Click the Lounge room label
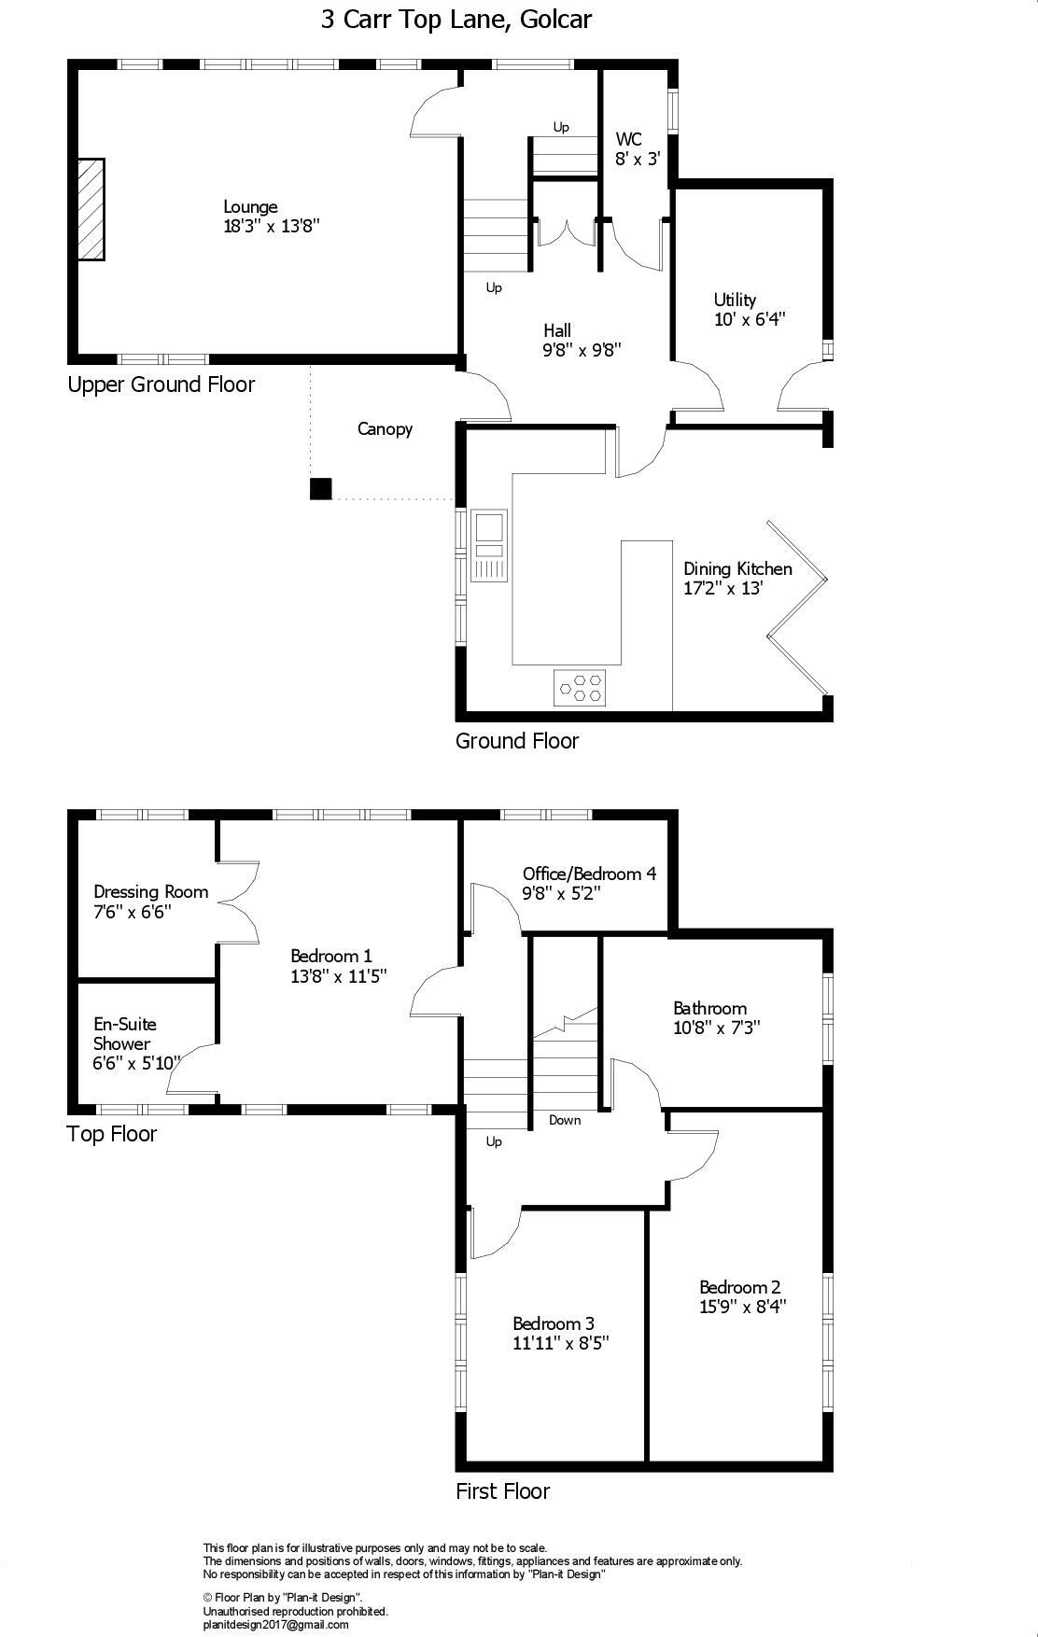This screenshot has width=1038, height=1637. coord(250,207)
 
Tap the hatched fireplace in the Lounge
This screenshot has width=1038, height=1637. coord(91,209)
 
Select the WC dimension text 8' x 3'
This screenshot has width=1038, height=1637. coord(638,159)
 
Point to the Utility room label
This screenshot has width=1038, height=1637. coord(735,300)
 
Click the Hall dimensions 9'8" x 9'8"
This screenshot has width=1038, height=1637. coord(582,350)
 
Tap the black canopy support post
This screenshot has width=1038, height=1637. coord(321,489)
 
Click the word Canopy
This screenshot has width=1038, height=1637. coord(385,429)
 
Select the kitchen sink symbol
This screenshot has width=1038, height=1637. coord(488,545)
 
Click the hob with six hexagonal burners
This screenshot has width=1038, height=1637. coord(580,687)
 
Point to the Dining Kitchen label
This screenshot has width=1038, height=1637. coord(737,568)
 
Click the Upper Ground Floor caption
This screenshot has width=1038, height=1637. coord(161,385)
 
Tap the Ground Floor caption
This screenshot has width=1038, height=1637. coord(517,741)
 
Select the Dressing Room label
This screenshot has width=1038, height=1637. coord(150,891)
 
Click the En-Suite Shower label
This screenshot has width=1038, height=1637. coord(124,1034)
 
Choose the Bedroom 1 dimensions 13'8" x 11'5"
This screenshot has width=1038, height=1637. coord(339,976)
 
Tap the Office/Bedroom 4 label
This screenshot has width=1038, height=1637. coord(589,874)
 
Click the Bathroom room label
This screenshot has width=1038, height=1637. coord(709,1008)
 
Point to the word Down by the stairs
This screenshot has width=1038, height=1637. coord(565,1120)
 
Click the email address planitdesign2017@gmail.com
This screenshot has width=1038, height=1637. coord(275,1625)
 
